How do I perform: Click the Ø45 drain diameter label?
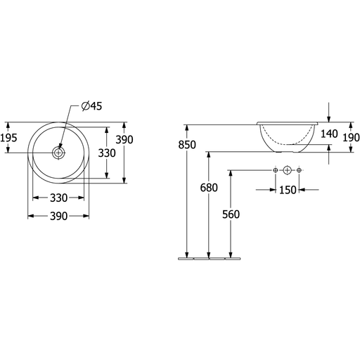[91, 106]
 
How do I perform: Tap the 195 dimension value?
[8, 138]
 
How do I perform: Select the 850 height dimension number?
[187, 145]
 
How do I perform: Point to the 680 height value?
[209, 188]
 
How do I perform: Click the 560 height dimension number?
[231, 214]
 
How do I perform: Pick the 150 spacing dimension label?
[288, 190]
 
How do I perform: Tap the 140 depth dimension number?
[329, 134]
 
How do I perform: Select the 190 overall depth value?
[351, 138]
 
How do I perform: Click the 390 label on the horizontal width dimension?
[58, 216]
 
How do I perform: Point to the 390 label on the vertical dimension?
[124, 140]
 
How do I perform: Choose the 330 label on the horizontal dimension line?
[58, 198]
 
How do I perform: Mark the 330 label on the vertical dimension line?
[107, 153]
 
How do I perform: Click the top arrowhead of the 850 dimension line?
[187, 128]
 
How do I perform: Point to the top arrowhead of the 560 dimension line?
[231, 174]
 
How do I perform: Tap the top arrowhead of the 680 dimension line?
[209, 155]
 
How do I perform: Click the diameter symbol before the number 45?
[85, 106]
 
